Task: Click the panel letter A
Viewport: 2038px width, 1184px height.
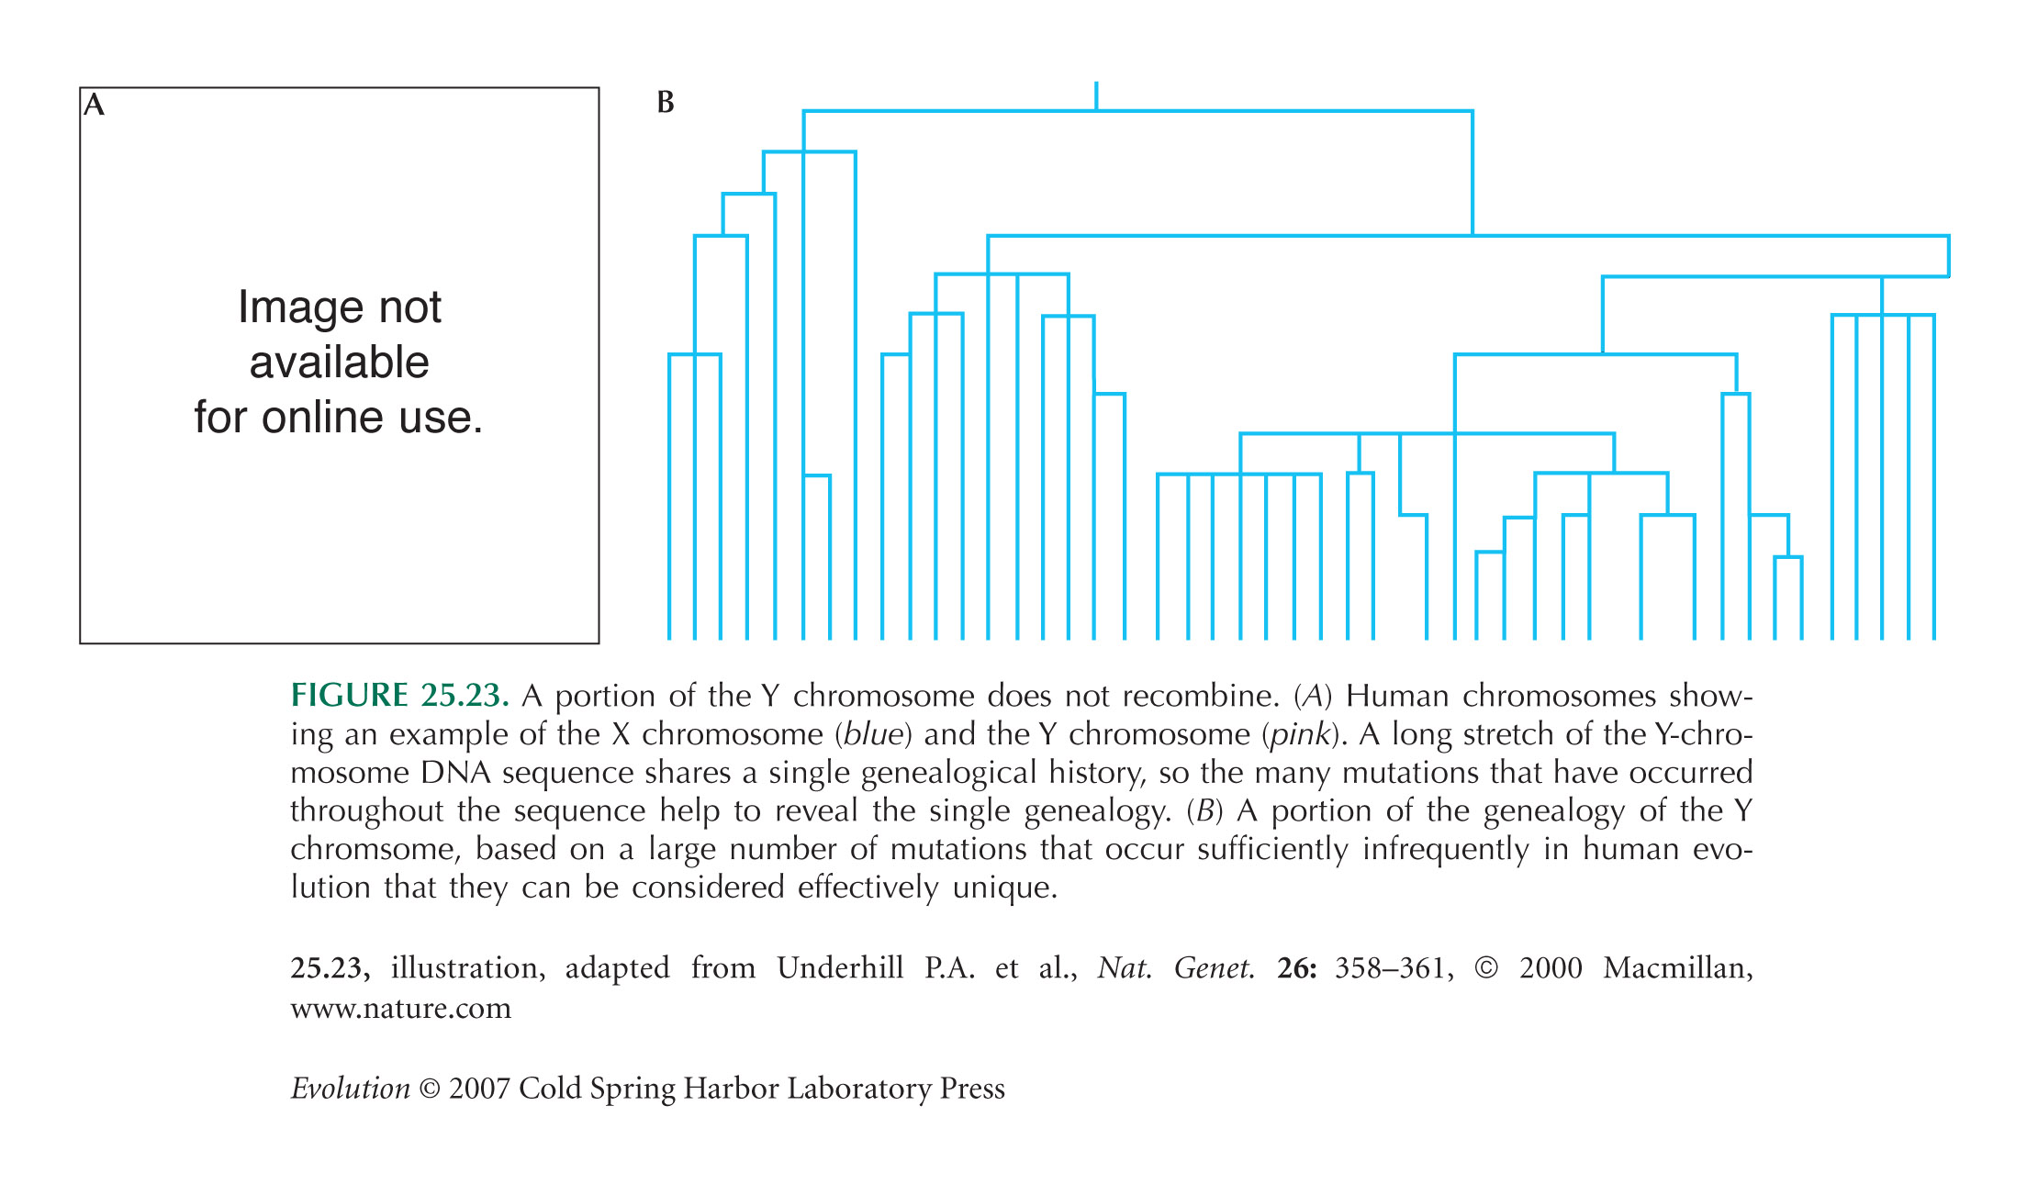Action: (x=95, y=105)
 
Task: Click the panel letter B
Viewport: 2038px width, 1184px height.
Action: (x=666, y=103)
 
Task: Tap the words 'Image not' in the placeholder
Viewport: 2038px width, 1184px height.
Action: (x=340, y=307)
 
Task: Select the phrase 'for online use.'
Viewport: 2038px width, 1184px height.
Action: (x=338, y=417)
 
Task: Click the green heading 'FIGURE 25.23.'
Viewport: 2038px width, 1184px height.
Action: (x=399, y=695)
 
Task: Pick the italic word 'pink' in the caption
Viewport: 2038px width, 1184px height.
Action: (x=1300, y=734)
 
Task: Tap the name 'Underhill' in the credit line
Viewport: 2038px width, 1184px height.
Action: (x=840, y=967)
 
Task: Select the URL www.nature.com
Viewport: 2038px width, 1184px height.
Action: (x=400, y=1008)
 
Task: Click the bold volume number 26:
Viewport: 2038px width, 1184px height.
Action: (x=1296, y=967)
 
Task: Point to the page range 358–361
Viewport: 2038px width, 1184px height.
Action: (x=1394, y=967)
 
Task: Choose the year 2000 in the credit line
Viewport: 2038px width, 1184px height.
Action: (x=1551, y=967)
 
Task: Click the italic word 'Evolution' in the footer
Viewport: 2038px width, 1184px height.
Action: (x=350, y=1088)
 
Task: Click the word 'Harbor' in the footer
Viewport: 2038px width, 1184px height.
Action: (x=731, y=1088)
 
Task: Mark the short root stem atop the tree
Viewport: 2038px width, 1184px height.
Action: (x=1096, y=96)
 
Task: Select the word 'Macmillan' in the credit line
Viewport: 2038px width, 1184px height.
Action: (x=1677, y=968)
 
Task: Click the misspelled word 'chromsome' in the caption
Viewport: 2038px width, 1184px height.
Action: (x=373, y=849)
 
